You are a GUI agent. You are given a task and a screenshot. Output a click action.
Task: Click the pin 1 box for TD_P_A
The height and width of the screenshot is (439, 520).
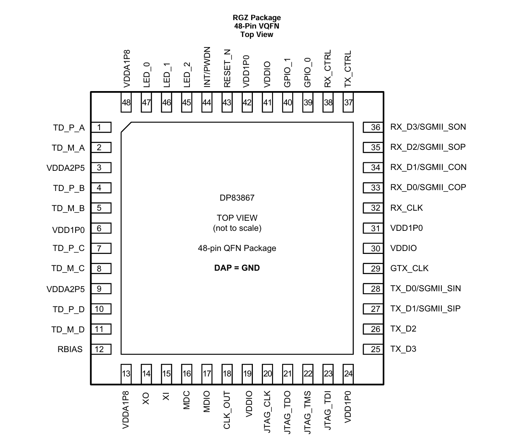[101, 128]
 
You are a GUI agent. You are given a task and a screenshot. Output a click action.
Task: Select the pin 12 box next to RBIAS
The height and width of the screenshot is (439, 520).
[101, 349]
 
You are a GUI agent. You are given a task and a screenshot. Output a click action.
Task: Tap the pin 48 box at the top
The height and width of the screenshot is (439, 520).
[126, 102]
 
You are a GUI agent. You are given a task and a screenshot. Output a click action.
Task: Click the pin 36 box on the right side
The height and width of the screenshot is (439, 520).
[373, 128]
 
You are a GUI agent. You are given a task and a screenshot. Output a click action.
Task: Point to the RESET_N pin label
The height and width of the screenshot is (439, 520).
[227, 68]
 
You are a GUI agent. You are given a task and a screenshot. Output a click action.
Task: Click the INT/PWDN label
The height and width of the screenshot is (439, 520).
[207, 67]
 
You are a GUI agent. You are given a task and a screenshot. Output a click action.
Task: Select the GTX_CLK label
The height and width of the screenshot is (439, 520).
[410, 269]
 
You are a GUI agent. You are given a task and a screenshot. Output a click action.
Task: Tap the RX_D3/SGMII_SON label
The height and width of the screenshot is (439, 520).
[428, 127]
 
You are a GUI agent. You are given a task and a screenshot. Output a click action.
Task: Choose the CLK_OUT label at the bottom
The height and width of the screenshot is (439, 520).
[227, 410]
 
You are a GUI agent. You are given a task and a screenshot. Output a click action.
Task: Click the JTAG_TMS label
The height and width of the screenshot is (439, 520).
[308, 412]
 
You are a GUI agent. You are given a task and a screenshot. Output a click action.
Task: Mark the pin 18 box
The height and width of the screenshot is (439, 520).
[227, 374]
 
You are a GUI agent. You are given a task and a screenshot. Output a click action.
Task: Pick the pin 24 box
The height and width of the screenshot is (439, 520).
[348, 374]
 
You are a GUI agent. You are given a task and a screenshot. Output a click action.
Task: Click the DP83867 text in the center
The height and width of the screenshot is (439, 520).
[237, 198]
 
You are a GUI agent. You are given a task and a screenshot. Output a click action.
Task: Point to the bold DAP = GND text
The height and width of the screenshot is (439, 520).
[237, 268]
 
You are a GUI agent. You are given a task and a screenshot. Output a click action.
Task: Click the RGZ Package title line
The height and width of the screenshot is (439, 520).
[257, 18]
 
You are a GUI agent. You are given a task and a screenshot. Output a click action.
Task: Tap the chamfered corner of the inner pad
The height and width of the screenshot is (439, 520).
[126, 128]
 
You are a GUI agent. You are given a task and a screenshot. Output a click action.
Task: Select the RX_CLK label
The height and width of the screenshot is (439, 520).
[407, 208]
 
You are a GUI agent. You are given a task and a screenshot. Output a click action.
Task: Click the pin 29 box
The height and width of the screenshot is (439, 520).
[373, 269]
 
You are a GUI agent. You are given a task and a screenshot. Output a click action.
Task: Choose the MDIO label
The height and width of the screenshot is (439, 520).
[207, 402]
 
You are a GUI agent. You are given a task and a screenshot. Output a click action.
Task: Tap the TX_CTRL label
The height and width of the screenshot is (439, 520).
[348, 69]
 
